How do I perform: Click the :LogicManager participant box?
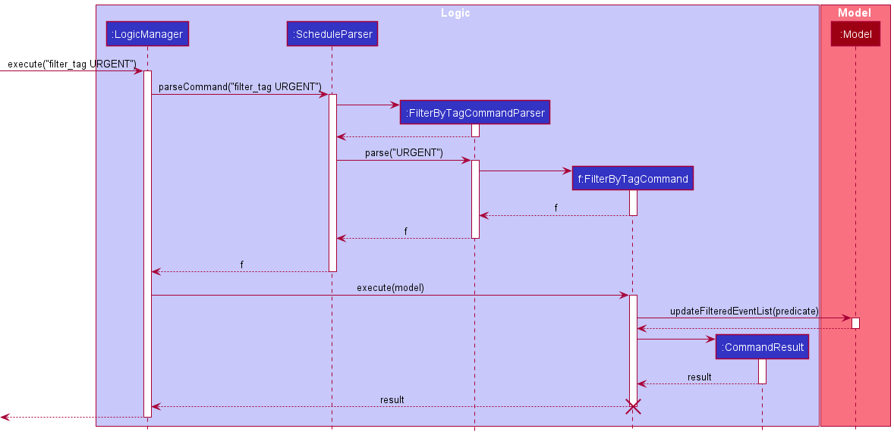pos(147,33)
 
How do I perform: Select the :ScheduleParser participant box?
pos(332,33)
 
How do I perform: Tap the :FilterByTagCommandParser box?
pos(474,112)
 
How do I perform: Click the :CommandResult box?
pos(762,347)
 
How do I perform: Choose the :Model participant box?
pos(855,33)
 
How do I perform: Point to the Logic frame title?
pos(455,13)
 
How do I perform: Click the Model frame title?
pos(855,13)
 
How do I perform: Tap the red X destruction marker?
pos(633,406)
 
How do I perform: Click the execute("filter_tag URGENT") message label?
pos(72,64)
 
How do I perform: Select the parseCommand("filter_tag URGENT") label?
pos(240,86)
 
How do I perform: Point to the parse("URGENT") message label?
pos(404,152)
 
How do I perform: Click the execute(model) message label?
pos(390,287)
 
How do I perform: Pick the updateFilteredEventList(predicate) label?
pos(744,310)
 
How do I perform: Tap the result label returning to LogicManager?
pos(392,399)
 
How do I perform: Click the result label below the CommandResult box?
pos(699,377)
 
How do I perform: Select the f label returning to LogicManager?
pos(242,264)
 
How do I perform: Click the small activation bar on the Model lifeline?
pos(855,324)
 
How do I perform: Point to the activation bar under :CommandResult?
pos(762,371)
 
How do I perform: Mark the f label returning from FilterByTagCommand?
pos(556,208)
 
